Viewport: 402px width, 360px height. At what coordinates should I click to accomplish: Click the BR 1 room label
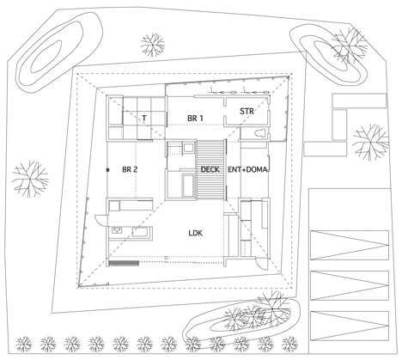[195, 118]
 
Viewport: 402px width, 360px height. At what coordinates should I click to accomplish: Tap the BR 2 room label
[130, 169]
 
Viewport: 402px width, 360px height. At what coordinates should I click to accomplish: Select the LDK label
[196, 233]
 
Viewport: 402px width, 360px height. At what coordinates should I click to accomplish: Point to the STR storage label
[247, 111]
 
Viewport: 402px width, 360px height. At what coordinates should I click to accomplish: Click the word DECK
[210, 169]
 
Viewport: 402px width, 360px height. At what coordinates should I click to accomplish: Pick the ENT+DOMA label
[247, 169]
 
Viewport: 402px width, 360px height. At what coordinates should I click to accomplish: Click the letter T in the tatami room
[144, 118]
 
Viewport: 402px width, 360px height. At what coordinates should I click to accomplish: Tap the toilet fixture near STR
[259, 133]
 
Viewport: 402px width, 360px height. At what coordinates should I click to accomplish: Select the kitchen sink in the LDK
[117, 230]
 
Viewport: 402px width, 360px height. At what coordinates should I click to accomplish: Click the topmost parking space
[350, 245]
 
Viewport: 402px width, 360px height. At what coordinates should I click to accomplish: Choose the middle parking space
[350, 285]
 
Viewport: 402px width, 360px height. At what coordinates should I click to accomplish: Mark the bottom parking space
[350, 326]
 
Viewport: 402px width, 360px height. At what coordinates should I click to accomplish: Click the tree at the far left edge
[30, 179]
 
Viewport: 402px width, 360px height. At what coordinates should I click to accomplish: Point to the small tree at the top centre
[153, 45]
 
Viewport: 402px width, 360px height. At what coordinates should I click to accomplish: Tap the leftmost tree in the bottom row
[24, 344]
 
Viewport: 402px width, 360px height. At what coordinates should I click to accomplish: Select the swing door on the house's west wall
[100, 220]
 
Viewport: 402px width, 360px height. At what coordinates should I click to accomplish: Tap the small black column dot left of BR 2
[107, 170]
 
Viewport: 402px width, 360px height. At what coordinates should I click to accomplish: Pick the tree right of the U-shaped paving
[370, 143]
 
